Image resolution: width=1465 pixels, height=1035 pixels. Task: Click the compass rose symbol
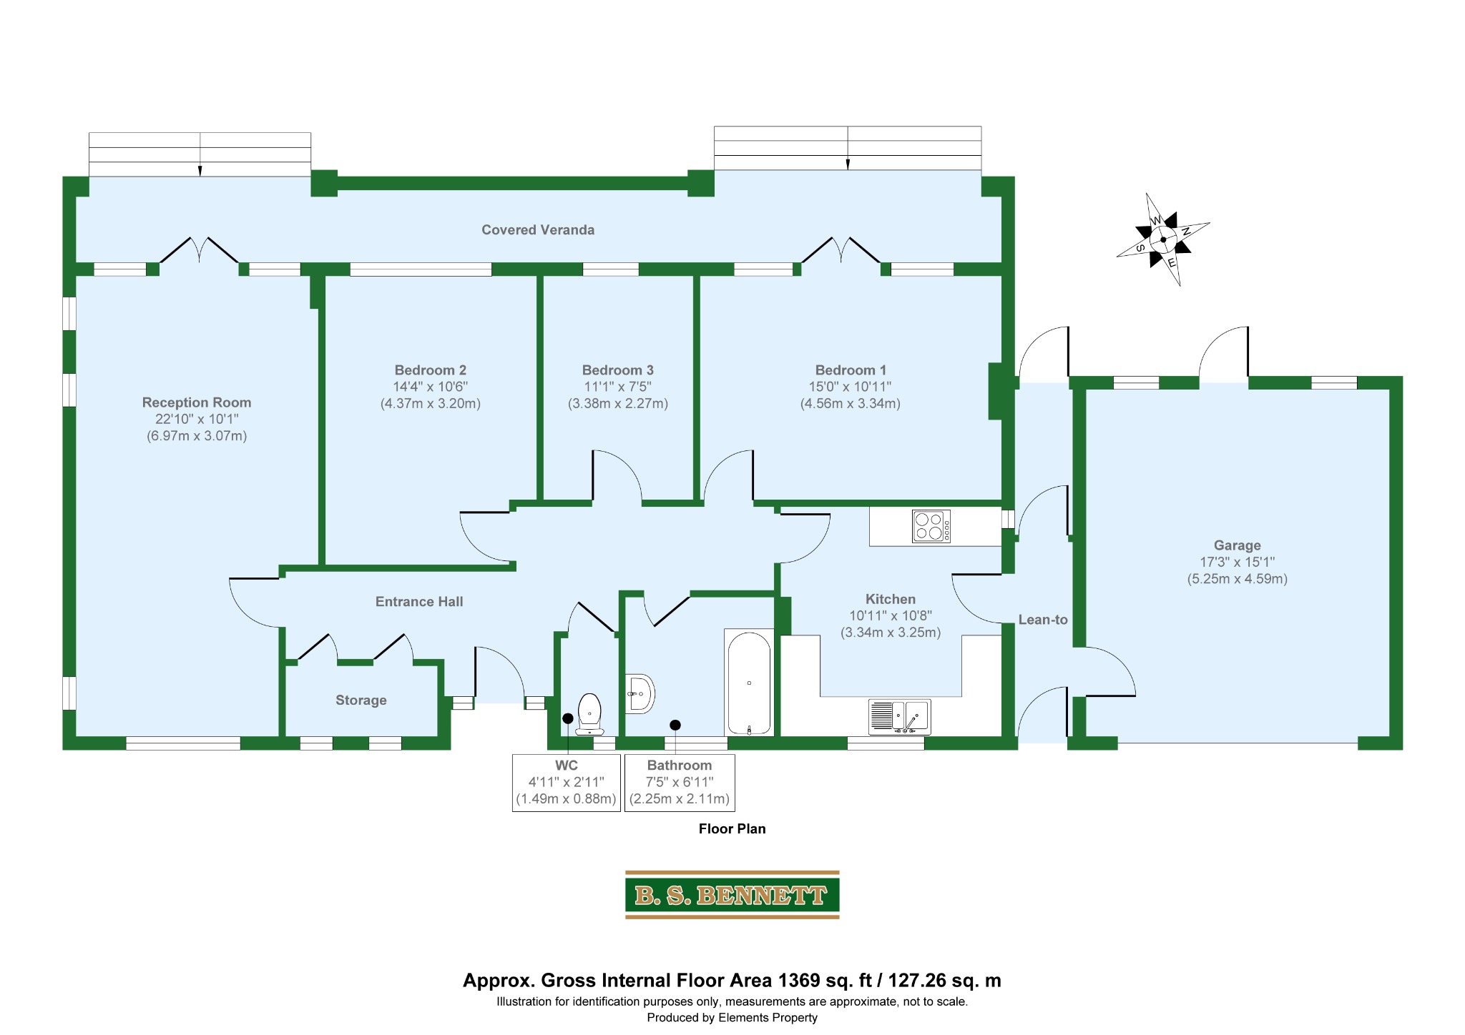pyautogui.click(x=1163, y=239)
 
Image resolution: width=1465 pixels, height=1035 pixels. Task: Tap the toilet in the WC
pyautogui.click(x=589, y=713)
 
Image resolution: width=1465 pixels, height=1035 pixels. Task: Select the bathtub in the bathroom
pyautogui.click(x=749, y=683)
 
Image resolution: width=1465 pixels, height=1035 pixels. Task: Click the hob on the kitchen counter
pyautogui.click(x=931, y=527)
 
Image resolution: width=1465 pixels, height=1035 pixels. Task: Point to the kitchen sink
pyautogui.click(x=900, y=717)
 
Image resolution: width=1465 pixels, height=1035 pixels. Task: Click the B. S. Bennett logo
pyautogui.click(x=732, y=894)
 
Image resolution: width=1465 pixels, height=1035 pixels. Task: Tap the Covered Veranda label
pyautogui.click(x=538, y=229)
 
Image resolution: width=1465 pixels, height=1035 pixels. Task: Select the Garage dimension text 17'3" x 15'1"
pyautogui.click(x=1238, y=562)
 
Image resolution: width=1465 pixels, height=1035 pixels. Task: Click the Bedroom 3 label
pyautogui.click(x=618, y=370)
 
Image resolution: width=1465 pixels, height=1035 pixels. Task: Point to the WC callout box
pyautogui.click(x=567, y=783)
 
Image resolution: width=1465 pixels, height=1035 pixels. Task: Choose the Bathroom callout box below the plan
pyautogui.click(x=680, y=783)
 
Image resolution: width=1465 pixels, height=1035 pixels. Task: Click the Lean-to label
pyautogui.click(x=1043, y=620)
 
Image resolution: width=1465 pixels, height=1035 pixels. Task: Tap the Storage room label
pyautogui.click(x=361, y=700)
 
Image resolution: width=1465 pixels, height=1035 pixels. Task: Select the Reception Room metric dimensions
pyautogui.click(x=197, y=436)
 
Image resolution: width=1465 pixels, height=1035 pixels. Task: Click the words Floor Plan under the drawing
pyautogui.click(x=732, y=829)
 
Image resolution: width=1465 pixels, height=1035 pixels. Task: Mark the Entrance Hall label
pyautogui.click(x=419, y=602)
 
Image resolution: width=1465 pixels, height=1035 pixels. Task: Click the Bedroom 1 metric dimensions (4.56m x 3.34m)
pyautogui.click(x=851, y=403)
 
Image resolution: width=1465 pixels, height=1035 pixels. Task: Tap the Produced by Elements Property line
pyautogui.click(x=732, y=1018)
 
